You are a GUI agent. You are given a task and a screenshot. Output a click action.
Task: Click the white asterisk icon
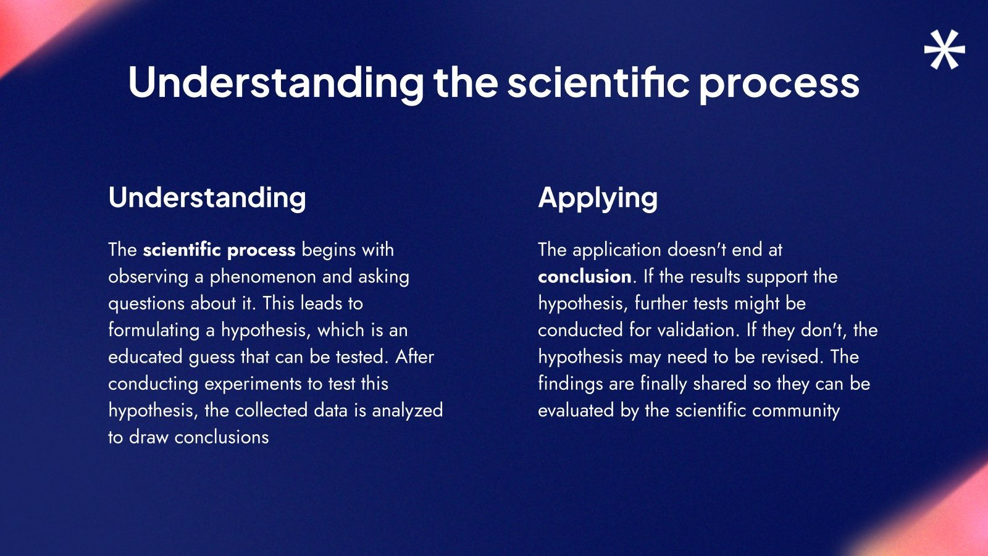point(944,49)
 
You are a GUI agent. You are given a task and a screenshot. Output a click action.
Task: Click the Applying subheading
point(598,198)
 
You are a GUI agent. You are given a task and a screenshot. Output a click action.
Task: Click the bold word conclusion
point(585,277)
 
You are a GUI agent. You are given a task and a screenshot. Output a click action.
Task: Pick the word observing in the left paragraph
point(148,277)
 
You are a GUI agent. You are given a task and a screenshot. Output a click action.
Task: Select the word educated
point(145,356)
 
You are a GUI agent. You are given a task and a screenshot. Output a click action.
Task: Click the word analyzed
point(408,411)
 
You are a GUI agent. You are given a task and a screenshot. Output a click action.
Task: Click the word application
point(617,250)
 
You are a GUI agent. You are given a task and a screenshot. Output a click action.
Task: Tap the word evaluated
point(576,410)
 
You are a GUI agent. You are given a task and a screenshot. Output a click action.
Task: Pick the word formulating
point(154,331)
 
